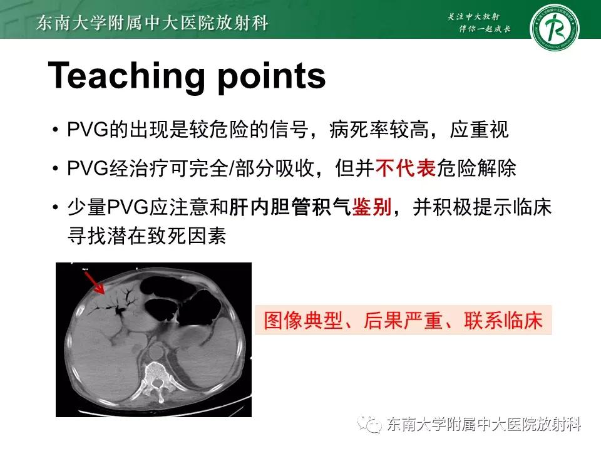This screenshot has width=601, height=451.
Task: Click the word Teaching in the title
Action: (x=125, y=76)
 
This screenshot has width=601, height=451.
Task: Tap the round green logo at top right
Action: (x=555, y=28)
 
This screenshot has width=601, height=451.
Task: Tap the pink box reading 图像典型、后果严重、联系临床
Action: (x=403, y=321)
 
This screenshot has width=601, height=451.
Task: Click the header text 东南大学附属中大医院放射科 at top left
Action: (x=153, y=23)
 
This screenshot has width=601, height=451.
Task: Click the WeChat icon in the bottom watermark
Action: (x=374, y=425)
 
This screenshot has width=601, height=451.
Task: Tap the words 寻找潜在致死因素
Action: (x=146, y=237)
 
